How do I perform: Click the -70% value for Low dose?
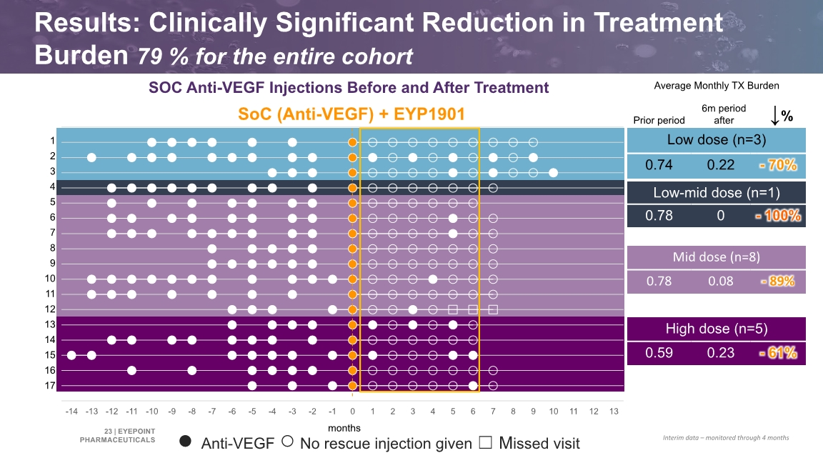tap(779, 165)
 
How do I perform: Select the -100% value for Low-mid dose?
tap(779, 215)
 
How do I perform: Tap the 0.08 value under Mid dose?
tap(721, 282)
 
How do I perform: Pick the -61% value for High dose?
tap(779, 353)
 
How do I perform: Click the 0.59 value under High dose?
tap(659, 353)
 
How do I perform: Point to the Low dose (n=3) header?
tap(717, 139)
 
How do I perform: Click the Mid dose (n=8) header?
tap(717, 257)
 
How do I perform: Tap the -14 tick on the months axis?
tap(71, 412)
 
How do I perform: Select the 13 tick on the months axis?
tap(614, 412)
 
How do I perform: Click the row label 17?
tap(50, 385)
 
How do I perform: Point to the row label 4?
tap(52, 186)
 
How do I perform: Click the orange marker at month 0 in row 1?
tap(353, 142)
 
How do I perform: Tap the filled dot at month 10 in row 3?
tap(553, 173)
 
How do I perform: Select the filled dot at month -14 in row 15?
tap(71, 355)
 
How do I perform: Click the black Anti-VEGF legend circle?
tap(185, 441)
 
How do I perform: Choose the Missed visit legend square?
tap(486, 442)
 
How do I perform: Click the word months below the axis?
tap(344, 428)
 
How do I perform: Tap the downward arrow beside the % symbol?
tap(774, 116)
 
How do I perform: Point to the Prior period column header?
tap(659, 120)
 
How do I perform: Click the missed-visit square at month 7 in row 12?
tap(493, 309)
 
